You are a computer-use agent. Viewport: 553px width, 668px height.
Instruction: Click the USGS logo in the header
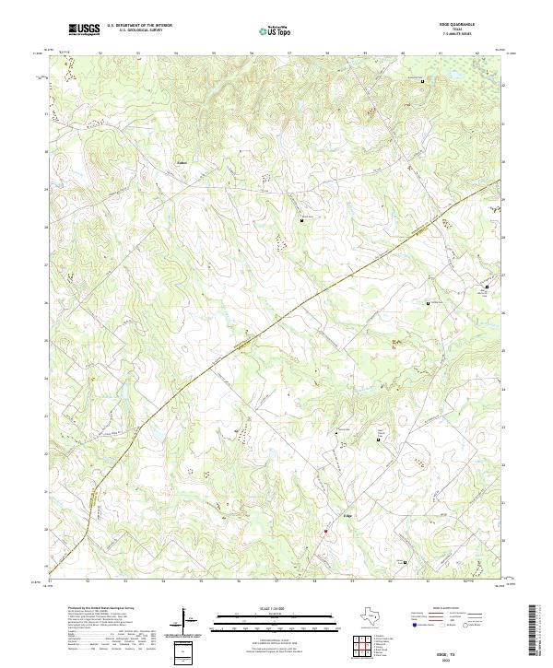tap(84, 30)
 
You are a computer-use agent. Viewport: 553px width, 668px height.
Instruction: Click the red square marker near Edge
tap(325, 531)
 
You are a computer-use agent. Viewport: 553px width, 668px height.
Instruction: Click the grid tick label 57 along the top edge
tap(289, 53)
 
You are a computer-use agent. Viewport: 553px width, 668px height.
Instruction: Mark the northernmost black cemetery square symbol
tap(423, 82)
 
